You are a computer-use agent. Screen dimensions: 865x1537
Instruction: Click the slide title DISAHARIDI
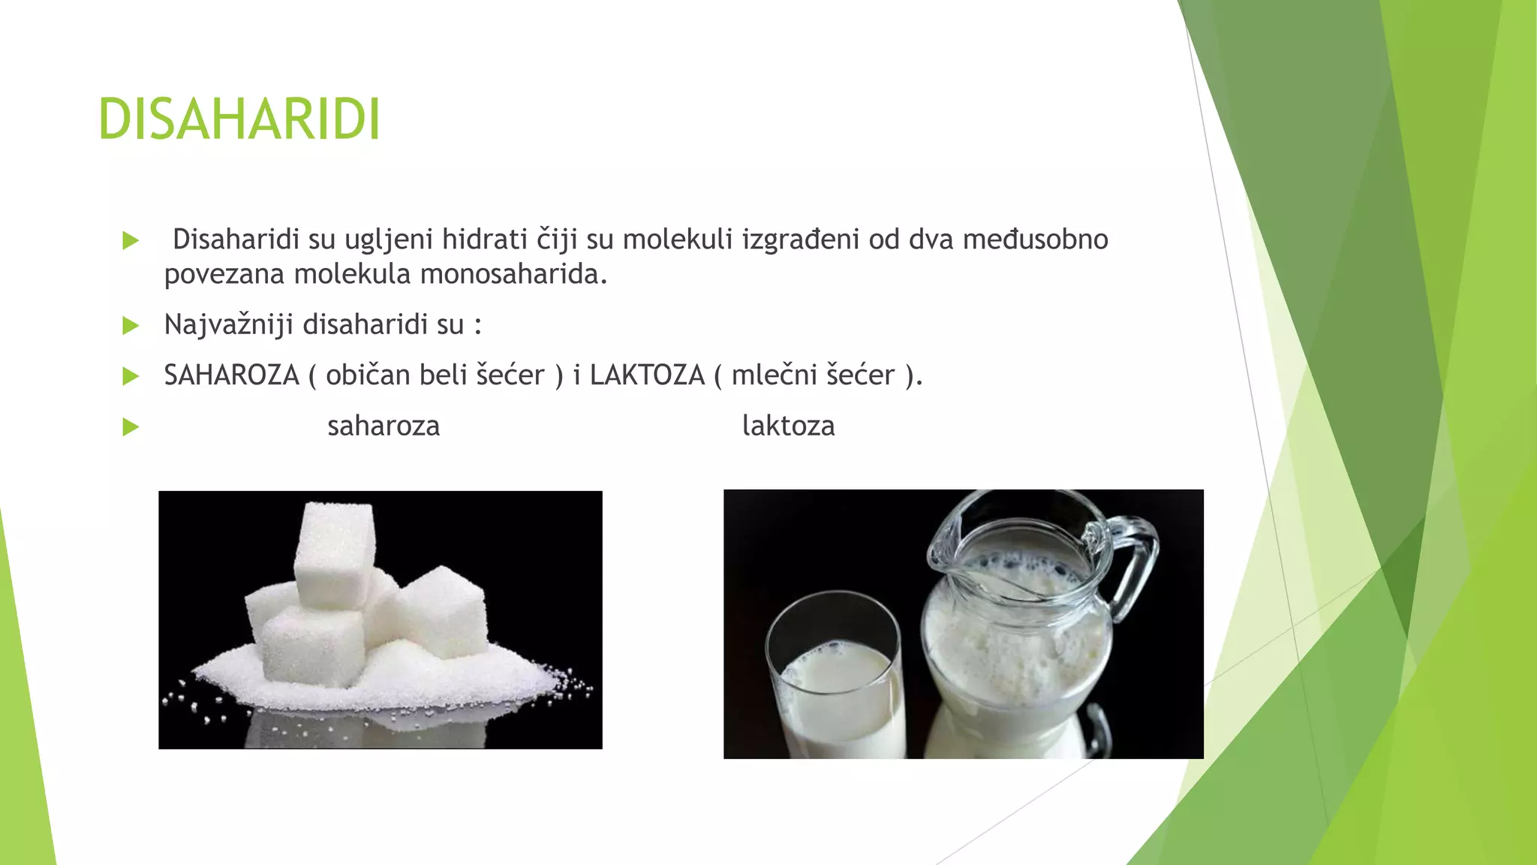[x=239, y=119]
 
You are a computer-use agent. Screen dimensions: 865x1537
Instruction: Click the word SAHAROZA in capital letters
[x=231, y=375]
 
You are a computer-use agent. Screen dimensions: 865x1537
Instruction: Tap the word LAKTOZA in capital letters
[x=647, y=375]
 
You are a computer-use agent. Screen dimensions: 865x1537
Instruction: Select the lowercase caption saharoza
[x=383, y=426]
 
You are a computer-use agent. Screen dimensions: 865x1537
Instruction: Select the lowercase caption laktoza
[x=788, y=426]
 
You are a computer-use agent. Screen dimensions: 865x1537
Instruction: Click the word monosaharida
[x=514, y=274]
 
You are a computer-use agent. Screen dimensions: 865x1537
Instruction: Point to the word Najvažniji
[x=228, y=325]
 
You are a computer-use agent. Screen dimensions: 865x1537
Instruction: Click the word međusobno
[x=1035, y=240]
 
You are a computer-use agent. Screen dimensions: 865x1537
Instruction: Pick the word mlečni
[x=774, y=375]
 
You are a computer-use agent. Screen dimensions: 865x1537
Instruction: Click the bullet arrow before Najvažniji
[x=131, y=326]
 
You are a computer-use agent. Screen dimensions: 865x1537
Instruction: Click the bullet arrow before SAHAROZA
[x=131, y=376]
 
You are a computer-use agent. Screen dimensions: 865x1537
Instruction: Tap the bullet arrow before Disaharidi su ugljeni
[x=131, y=241]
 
